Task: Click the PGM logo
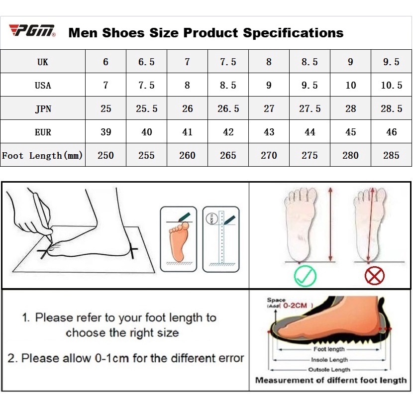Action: pyautogui.click(x=32, y=30)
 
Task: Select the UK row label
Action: pyautogui.click(x=43, y=62)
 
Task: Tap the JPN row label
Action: pyautogui.click(x=43, y=108)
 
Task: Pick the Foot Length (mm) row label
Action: pyautogui.click(x=42, y=155)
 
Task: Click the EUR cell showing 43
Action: pyautogui.click(x=269, y=132)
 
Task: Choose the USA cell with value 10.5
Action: pyautogui.click(x=392, y=85)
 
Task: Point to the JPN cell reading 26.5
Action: pyautogui.click(x=228, y=108)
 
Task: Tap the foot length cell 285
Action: pyautogui.click(x=391, y=155)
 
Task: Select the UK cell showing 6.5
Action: pyautogui.click(x=146, y=62)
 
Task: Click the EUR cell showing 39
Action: pyautogui.click(x=106, y=132)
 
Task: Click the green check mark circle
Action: pyautogui.click(x=305, y=276)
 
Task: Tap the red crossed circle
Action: pyautogui.click(x=374, y=276)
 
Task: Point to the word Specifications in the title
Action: pyautogui.click(x=293, y=33)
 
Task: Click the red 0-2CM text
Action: pyautogui.click(x=295, y=306)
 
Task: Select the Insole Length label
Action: pyautogui.click(x=329, y=360)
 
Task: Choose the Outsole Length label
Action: pyautogui.click(x=329, y=370)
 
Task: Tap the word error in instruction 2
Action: pyautogui.click(x=229, y=358)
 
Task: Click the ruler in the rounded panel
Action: pyautogui.click(x=221, y=237)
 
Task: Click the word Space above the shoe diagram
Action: pyautogui.click(x=276, y=300)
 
